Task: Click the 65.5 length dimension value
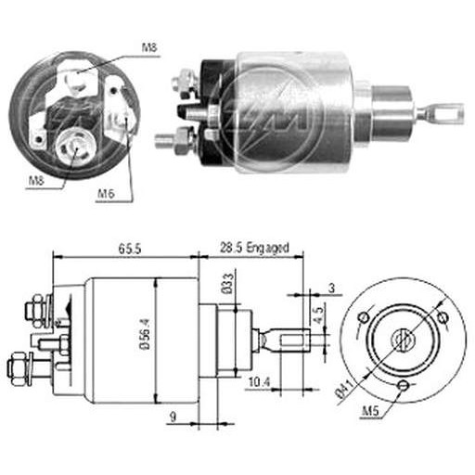130,249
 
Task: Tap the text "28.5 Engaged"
254,249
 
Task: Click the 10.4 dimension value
260,382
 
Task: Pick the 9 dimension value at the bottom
173,417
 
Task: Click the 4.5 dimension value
319,314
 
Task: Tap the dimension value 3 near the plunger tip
331,289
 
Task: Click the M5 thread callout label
370,412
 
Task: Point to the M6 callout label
106,194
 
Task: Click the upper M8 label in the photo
149,47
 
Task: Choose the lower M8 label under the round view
36,180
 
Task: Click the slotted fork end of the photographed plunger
444,112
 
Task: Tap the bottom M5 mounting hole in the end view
404,385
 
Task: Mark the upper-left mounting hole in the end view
364,316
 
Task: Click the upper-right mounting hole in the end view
443,316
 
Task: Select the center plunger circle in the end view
404,340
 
